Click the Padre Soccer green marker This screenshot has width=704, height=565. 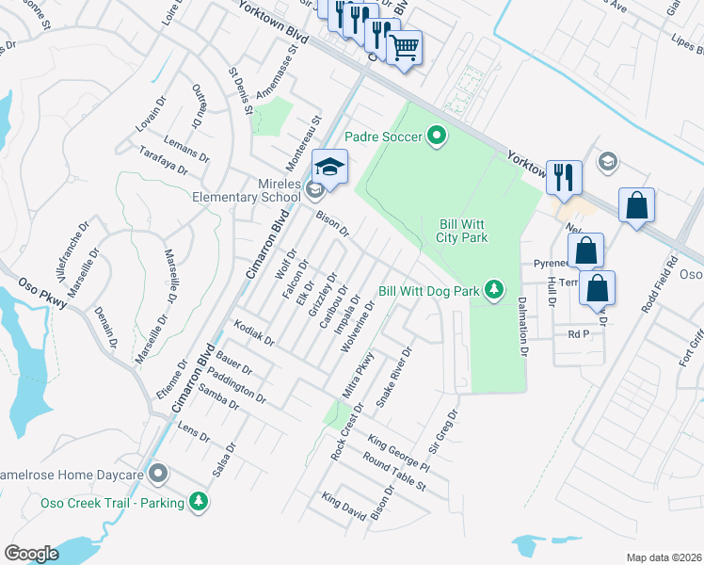tap(436, 137)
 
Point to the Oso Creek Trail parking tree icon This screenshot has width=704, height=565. tap(198, 502)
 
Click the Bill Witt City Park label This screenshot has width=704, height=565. tap(461, 231)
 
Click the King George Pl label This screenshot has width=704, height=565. tap(399, 455)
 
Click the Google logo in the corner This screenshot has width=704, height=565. tap(31, 553)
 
